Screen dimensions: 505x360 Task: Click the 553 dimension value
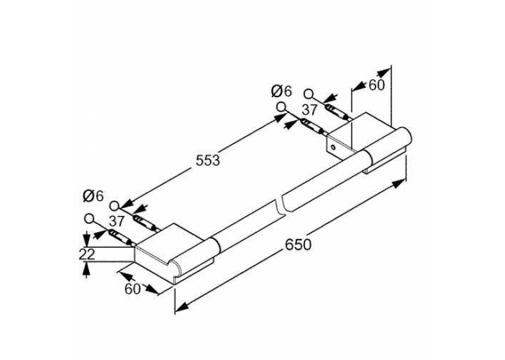pos(208,160)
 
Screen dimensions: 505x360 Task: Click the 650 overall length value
pos(298,244)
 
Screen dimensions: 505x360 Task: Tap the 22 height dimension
pos(87,254)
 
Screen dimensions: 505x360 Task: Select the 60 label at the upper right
pos(376,85)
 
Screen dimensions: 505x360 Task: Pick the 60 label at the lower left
pos(133,289)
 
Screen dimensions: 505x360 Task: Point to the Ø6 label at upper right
pos(281,91)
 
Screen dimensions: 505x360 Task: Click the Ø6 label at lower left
pos(93,196)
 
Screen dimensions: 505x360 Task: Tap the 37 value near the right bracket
pos(310,110)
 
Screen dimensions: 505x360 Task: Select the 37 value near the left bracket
pos(116,221)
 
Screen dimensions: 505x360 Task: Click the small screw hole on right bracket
pos(333,147)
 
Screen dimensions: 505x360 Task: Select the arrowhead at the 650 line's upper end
pos(399,184)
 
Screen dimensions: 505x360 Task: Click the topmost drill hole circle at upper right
pos(308,94)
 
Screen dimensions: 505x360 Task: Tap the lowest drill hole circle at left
pos(89,219)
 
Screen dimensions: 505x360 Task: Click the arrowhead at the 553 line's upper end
pos(280,118)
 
